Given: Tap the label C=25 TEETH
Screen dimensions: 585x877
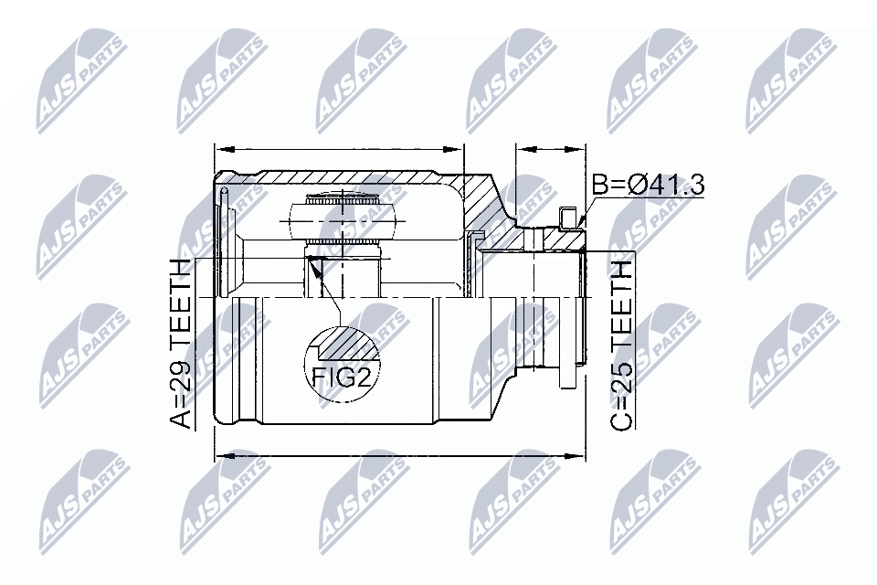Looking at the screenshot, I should [622, 345].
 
